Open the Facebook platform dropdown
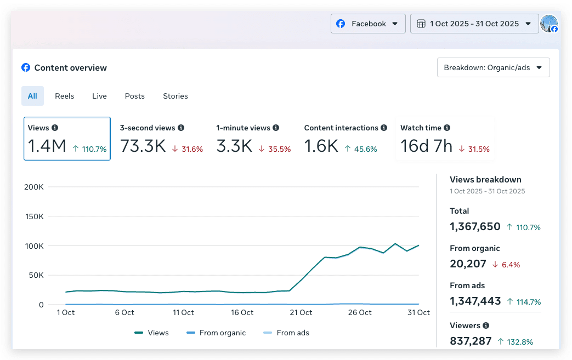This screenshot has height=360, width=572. pyautogui.click(x=368, y=24)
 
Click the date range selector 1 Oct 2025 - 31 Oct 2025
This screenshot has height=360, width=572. pyautogui.click(x=474, y=24)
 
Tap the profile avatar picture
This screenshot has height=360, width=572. pyautogui.click(x=548, y=24)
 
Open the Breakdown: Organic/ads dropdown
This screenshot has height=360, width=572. pyautogui.click(x=493, y=67)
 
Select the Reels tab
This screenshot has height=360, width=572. pyautogui.click(x=65, y=96)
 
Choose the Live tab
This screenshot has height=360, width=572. pyautogui.click(x=99, y=96)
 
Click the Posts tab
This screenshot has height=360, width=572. pyautogui.click(x=134, y=96)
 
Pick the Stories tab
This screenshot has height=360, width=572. pyautogui.click(x=175, y=96)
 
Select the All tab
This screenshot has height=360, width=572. pyautogui.click(x=32, y=96)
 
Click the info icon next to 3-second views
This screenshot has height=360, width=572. pyautogui.click(x=181, y=128)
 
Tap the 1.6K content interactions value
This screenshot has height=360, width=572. pyautogui.click(x=321, y=146)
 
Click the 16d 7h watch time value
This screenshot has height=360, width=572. pyautogui.click(x=427, y=146)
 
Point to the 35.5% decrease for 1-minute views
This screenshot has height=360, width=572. pyautogui.click(x=275, y=149)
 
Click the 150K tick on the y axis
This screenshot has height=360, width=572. pyautogui.click(x=35, y=216)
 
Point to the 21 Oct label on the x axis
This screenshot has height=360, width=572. pyautogui.click(x=301, y=313)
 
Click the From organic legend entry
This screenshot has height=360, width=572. pyautogui.click(x=216, y=333)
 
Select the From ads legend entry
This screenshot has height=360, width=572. pyautogui.click(x=286, y=333)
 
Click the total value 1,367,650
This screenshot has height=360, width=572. pyautogui.click(x=475, y=227)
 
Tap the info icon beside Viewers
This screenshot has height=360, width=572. pyautogui.click(x=486, y=325)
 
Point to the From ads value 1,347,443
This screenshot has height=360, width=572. pyautogui.click(x=475, y=301)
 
